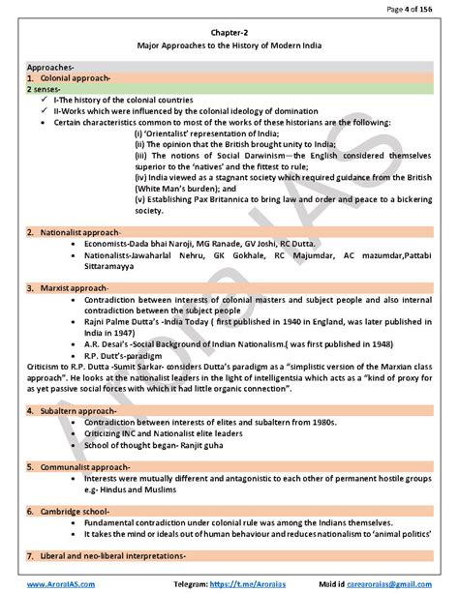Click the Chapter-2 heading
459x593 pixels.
pyautogui.click(x=229, y=30)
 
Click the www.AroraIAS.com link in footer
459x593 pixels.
pyautogui.click(x=52, y=584)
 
